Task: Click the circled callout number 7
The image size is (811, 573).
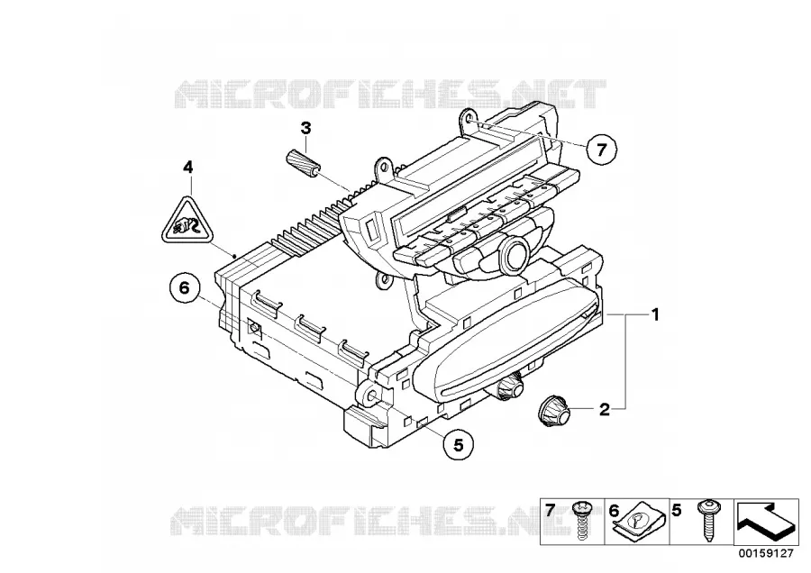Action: pos(601,150)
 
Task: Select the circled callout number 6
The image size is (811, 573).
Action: pos(185,288)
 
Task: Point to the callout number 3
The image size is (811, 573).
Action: pos(306,128)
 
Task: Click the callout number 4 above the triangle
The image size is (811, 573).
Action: pos(188,167)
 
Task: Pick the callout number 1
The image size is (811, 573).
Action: pos(655,314)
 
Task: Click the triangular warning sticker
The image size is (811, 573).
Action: pos(187,221)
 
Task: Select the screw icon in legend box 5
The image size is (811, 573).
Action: pos(706,520)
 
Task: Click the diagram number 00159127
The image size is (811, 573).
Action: pos(765,554)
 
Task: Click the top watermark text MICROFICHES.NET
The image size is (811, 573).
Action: pos(390,94)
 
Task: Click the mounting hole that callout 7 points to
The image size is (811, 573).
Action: pos(470,120)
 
